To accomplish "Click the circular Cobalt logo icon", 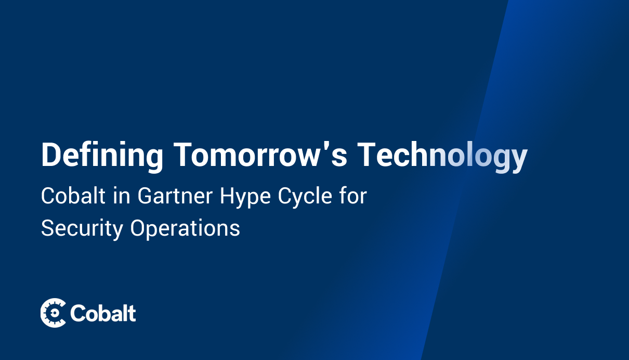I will [53, 313].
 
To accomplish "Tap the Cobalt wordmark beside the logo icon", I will [103, 313].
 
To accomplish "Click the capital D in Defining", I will [50, 155].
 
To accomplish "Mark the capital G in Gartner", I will [145, 197].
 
